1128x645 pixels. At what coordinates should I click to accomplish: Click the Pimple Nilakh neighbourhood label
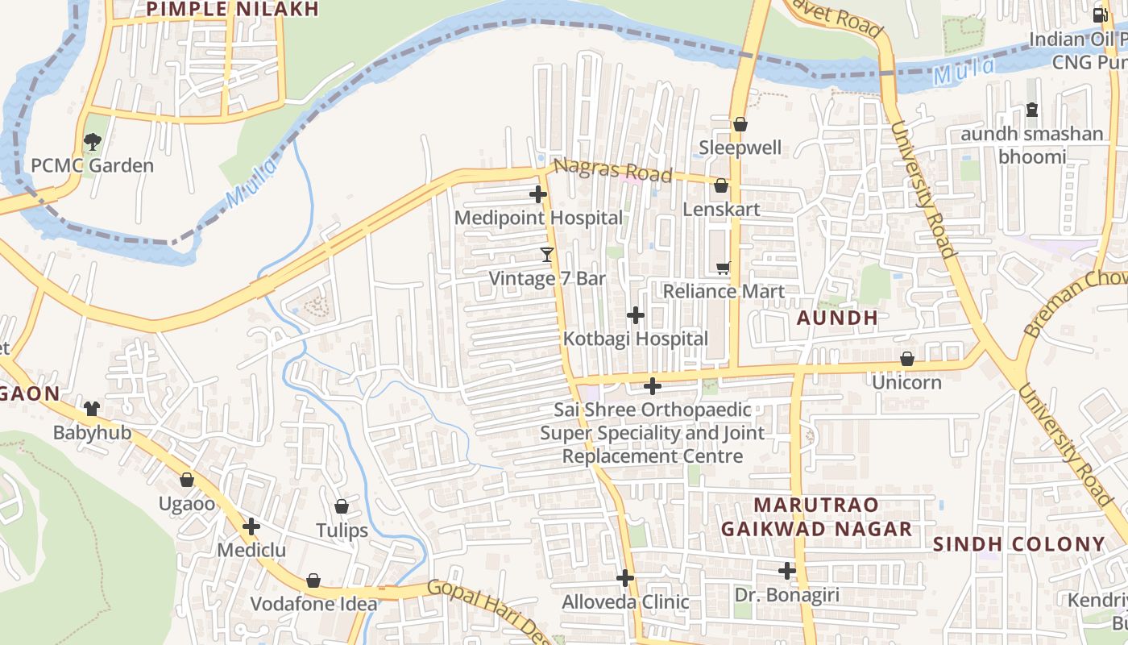point(233,9)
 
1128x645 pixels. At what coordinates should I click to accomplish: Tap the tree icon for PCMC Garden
point(92,143)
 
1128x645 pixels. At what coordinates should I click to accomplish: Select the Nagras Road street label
point(613,170)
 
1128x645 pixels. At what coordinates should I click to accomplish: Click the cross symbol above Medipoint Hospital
point(538,194)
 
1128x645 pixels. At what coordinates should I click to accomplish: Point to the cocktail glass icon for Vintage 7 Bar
point(547,256)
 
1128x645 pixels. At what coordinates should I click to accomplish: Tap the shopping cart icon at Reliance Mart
point(724,268)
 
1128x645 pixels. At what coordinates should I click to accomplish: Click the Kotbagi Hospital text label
point(635,339)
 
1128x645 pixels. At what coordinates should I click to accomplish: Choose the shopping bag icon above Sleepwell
point(740,124)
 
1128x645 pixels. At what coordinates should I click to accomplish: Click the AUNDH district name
point(837,318)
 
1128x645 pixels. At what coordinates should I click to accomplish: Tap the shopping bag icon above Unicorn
point(907,359)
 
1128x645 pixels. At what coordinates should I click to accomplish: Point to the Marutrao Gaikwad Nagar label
point(816,517)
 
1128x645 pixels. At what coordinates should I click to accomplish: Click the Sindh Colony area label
point(1018,544)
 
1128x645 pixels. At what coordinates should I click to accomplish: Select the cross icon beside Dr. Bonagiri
point(787,572)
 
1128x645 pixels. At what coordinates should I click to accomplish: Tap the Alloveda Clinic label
point(625,601)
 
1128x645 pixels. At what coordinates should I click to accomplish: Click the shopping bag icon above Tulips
point(342,506)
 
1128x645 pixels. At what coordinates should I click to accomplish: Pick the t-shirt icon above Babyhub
point(91,409)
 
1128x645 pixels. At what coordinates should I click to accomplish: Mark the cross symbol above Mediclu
point(251,527)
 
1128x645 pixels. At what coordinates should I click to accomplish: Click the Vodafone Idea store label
point(313,604)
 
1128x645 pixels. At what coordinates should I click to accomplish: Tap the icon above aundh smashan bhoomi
point(1032,110)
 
